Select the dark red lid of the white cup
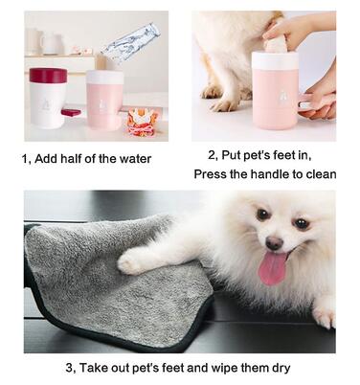click(48, 75)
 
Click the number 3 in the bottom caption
click(69, 368)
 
